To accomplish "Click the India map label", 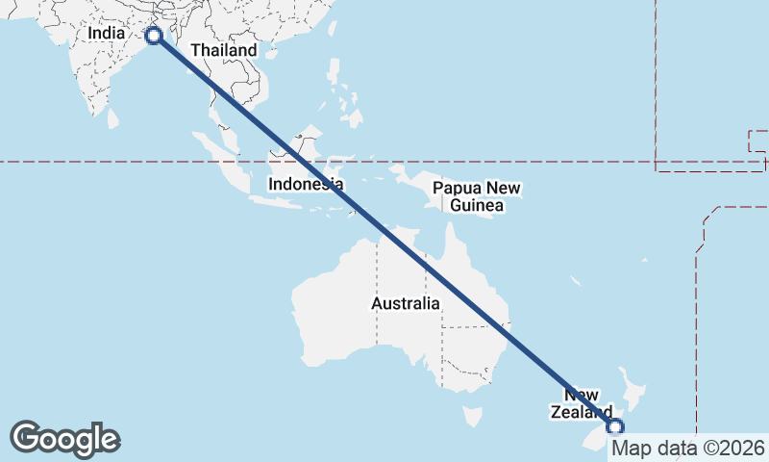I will coord(106,33).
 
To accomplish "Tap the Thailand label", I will coord(224,50).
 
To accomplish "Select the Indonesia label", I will coord(306,183).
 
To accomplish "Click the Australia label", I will coord(406,304).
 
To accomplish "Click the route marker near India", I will coord(152,36).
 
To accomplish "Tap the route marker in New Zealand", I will coord(615,426).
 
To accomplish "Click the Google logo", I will coord(64,438).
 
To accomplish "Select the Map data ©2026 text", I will coord(688,448).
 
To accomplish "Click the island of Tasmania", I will coord(471,416).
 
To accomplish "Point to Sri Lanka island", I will coord(112,118).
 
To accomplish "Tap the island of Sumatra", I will coord(227,159).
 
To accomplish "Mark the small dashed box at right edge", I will coord(757,141).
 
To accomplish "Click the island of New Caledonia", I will coord(574,282).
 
